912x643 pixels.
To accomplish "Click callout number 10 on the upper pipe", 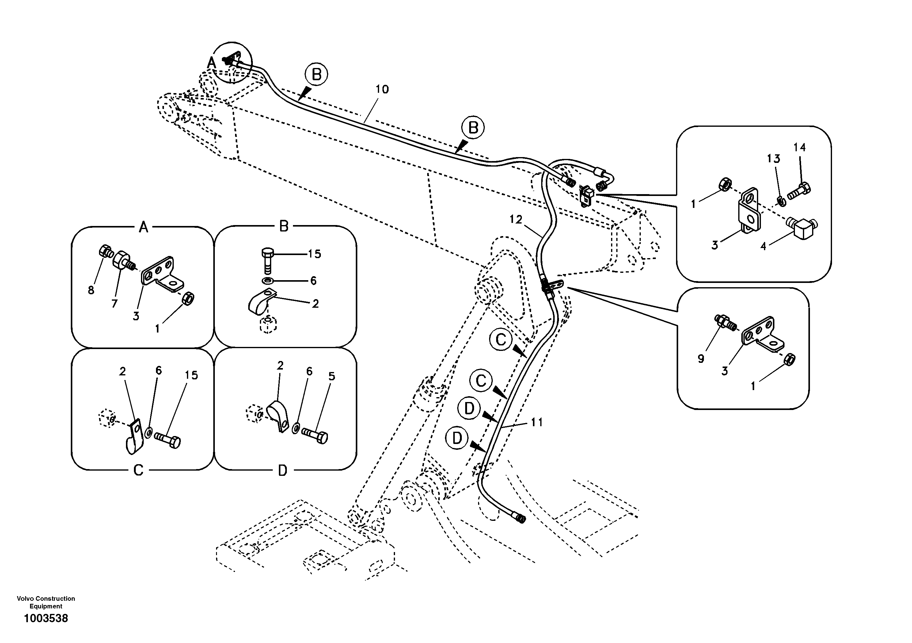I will (x=382, y=89).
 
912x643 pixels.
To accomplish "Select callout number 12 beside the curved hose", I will (x=516, y=220).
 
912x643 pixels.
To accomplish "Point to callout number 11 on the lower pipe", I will (x=537, y=422).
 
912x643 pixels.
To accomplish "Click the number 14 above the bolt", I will (x=800, y=147).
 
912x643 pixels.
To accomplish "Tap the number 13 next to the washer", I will (x=773, y=159).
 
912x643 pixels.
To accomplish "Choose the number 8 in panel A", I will (x=91, y=290).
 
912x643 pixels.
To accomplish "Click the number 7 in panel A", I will (x=114, y=304).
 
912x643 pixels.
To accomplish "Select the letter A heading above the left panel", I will (x=143, y=227).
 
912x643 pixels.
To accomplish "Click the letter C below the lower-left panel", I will (x=138, y=471).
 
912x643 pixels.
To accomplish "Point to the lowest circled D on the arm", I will (x=457, y=438).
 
